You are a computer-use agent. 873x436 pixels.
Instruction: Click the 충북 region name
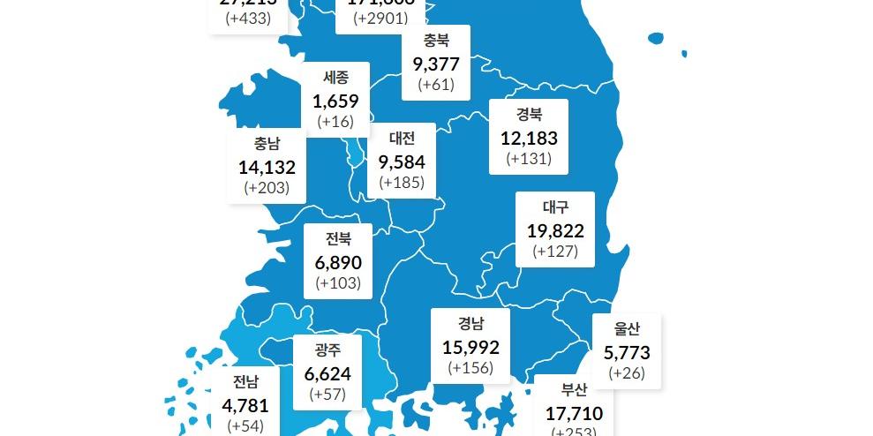pos(436,40)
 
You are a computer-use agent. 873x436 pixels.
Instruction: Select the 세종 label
pos(335,78)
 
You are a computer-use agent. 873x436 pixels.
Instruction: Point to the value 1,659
pos(335,101)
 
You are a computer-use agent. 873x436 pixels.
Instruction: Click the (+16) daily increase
pos(335,121)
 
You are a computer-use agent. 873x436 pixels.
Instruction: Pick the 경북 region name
pos(529,114)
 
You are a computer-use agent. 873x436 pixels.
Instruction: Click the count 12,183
pos(529,138)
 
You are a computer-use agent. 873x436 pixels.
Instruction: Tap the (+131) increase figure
pos(529,159)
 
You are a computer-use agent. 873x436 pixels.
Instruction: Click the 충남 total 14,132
pos(267,167)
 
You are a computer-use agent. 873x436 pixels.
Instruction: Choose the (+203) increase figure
pos(267,188)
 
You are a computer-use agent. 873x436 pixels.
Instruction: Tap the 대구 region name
pos(555,207)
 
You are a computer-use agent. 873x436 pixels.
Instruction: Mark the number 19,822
pos(555,230)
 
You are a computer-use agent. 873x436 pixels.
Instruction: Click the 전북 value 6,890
pos(338,262)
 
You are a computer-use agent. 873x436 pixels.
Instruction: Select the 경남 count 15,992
pos(470,348)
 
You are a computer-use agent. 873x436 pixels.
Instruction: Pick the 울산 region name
pos(627,330)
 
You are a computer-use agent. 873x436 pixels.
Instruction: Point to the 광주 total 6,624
pos(327,373)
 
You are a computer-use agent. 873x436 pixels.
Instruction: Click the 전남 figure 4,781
pos(245,406)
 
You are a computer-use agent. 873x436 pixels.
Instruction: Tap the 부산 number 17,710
pos(574,411)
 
